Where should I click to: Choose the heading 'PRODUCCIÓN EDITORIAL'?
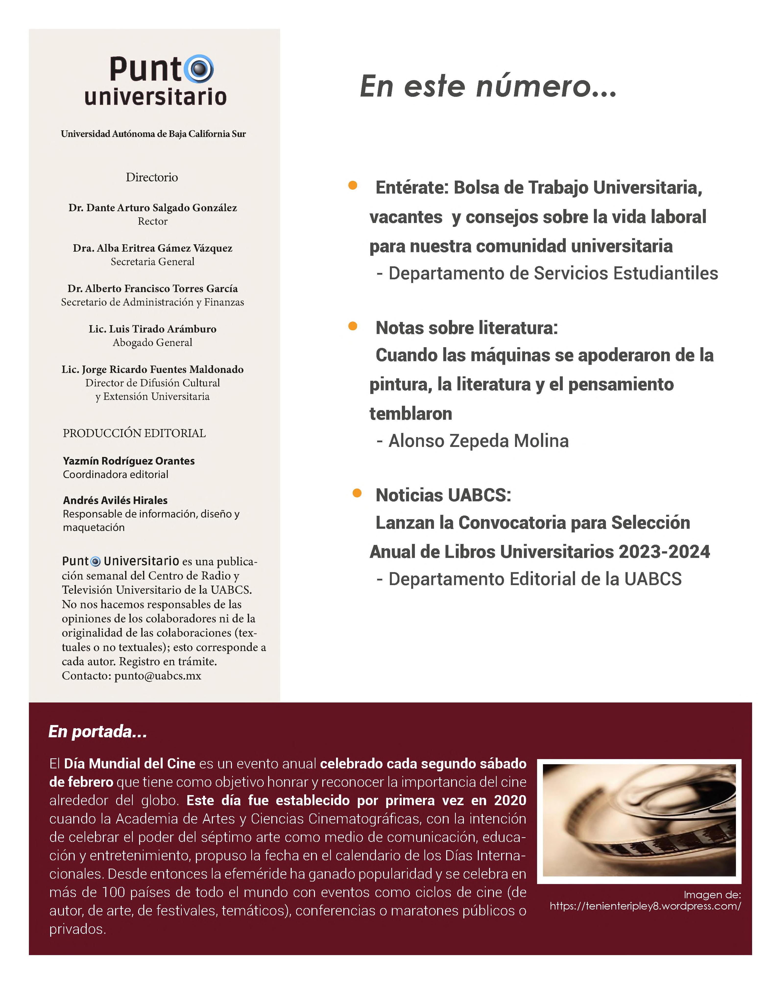pos(134,433)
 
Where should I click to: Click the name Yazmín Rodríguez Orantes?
pos(129,461)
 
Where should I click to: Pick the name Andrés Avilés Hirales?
pos(115,500)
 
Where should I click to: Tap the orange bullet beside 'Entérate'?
pos(353,185)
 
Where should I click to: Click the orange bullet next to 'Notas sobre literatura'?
pos(353,326)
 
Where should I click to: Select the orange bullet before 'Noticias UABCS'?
pos(357,493)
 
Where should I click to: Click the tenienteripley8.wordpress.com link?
pos(645,906)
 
